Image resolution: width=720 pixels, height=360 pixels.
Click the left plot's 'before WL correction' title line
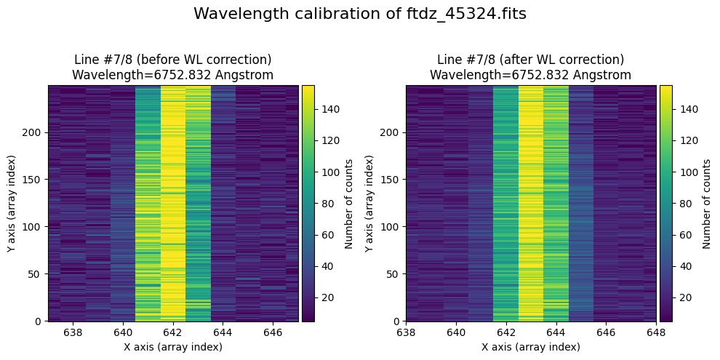173,60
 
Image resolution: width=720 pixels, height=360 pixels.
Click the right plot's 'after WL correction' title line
530,60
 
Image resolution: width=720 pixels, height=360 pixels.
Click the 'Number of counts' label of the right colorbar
706,204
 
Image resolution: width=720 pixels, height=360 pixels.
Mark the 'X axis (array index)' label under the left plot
173,347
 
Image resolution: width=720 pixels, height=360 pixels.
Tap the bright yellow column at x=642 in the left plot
173,204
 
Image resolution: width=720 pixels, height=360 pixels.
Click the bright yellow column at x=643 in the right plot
531,204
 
